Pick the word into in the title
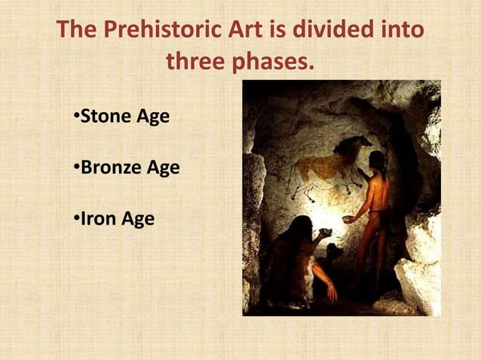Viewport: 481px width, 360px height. [x=399, y=31]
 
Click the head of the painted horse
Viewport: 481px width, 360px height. [x=346, y=145]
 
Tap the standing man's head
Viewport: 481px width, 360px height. [x=376, y=160]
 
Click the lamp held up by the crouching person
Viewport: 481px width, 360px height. [x=326, y=233]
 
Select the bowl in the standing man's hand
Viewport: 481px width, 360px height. [x=348, y=219]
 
